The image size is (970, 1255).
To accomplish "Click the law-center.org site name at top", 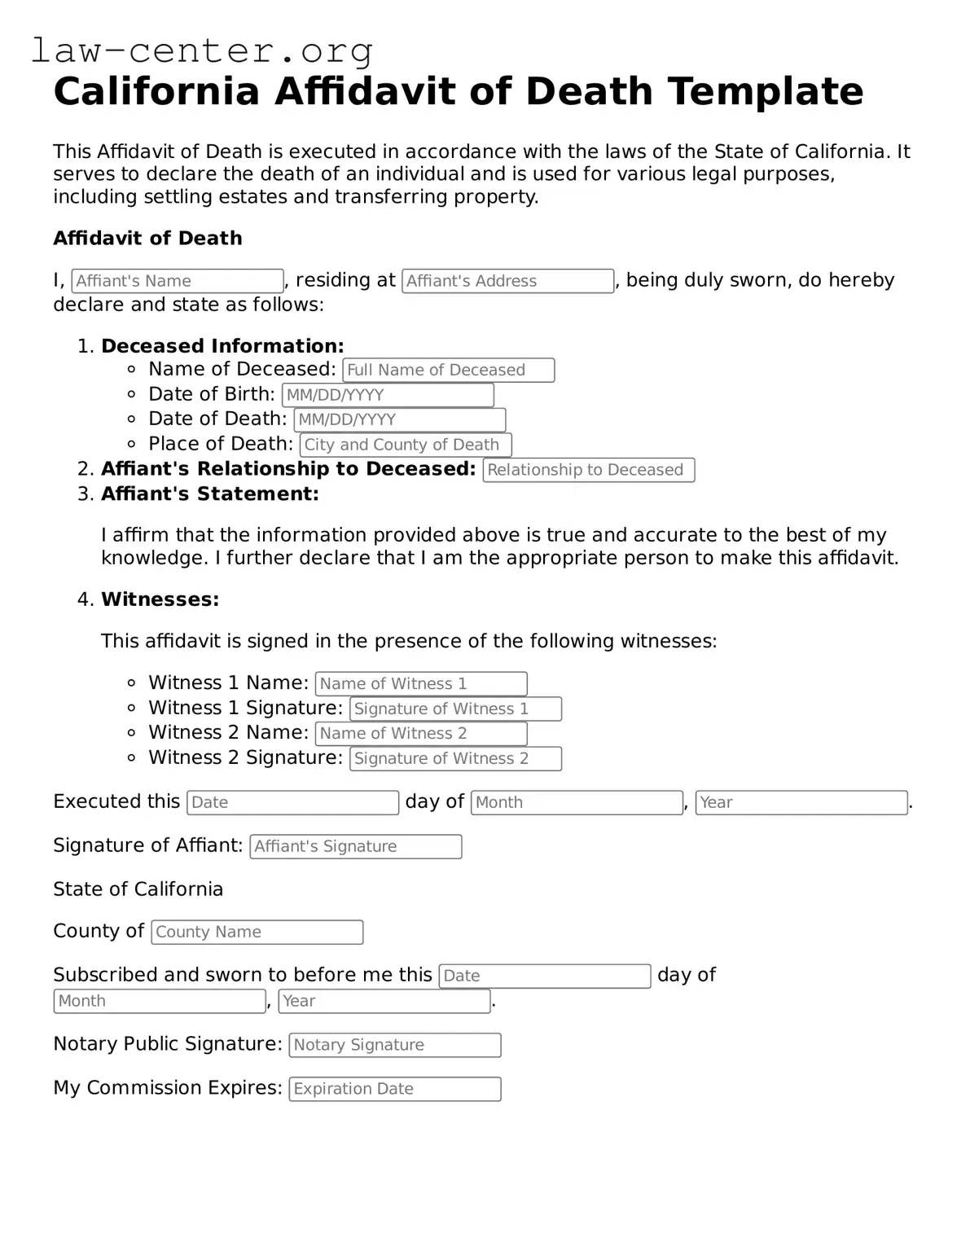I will pyautogui.click(x=202, y=50).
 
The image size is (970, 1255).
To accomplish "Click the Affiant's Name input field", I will pyautogui.click(x=178, y=281).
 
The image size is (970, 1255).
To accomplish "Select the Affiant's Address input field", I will pyautogui.click(x=507, y=281).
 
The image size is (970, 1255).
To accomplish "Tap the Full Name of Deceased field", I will pyautogui.click(x=448, y=370).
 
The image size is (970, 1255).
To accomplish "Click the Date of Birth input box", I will pyautogui.click(x=388, y=395).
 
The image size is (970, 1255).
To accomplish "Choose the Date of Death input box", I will pyautogui.click(x=399, y=419).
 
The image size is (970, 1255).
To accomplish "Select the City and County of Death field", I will pyautogui.click(x=406, y=445).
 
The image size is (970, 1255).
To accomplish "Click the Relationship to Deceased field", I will pyautogui.click(x=588, y=470).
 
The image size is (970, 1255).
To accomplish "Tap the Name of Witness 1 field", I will pyautogui.click(x=421, y=683).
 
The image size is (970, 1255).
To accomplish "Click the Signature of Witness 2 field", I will pyautogui.click(x=455, y=758).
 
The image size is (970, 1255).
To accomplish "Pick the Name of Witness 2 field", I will pyautogui.click(x=421, y=733).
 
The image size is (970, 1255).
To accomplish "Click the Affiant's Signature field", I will pyautogui.click(x=355, y=846).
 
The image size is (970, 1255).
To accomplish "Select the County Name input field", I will pyautogui.click(x=257, y=932).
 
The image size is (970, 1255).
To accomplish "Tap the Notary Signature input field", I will pyautogui.click(x=394, y=1045).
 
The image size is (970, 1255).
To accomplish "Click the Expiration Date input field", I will pyautogui.click(x=394, y=1089).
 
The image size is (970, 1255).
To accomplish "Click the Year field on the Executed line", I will pyautogui.click(x=801, y=802).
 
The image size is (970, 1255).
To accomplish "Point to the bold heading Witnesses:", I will pyautogui.click(x=160, y=599).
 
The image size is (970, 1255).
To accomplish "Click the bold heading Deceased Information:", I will pyautogui.click(x=222, y=345).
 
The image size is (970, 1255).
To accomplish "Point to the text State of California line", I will pyautogui.click(x=138, y=889).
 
